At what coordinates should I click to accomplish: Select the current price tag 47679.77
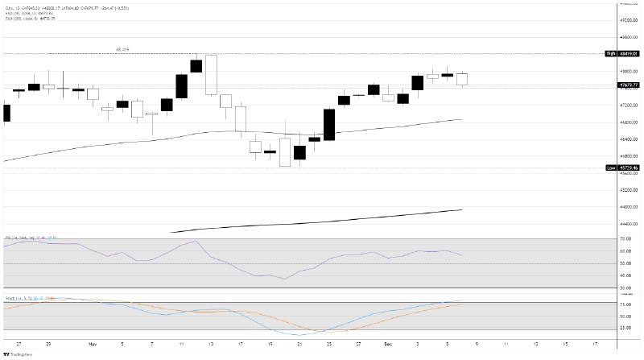[x=628, y=85]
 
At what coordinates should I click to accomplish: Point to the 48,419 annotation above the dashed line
[x=123, y=49]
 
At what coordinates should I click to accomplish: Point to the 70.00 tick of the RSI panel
[x=623, y=239]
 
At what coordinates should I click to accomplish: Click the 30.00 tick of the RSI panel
[x=623, y=288]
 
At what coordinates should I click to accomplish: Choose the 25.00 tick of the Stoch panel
[x=623, y=328]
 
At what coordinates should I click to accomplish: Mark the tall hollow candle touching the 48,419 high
[x=211, y=74]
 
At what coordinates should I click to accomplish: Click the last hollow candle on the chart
[x=462, y=79]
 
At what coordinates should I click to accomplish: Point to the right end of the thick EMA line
[x=461, y=209]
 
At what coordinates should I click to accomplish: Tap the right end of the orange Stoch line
[x=462, y=303]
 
